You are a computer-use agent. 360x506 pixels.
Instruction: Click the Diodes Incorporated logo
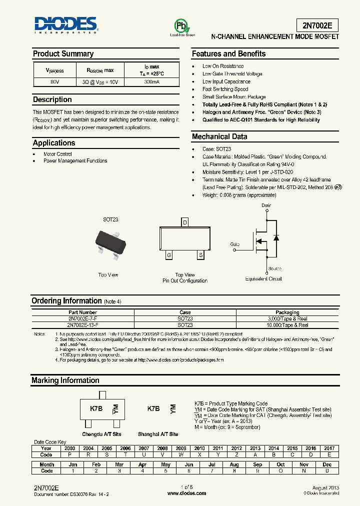[x=65, y=25]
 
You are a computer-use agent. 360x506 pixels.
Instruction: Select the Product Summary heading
[x=63, y=54]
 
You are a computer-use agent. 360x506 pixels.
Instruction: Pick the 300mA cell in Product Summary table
[x=151, y=81]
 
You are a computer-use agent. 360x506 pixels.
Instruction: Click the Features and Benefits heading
[x=228, y=54]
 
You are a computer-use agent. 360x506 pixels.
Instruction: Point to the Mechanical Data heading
[x=219, y=136]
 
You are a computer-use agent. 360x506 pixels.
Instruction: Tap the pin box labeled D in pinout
[x=184, y=222]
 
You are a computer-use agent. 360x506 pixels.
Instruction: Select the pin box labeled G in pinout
[x=169, y=255]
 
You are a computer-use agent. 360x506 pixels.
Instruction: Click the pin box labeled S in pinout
[x=200, y=255]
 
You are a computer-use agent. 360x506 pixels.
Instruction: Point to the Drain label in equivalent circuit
[x=266, y=205]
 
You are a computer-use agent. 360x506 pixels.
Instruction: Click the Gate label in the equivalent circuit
[x=235, y=244]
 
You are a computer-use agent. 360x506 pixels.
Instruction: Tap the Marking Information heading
[x=65, y=380]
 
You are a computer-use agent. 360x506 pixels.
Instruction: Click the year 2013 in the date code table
[x=255, y=448]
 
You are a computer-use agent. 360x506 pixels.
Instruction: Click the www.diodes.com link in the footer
[x=186, y=493]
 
